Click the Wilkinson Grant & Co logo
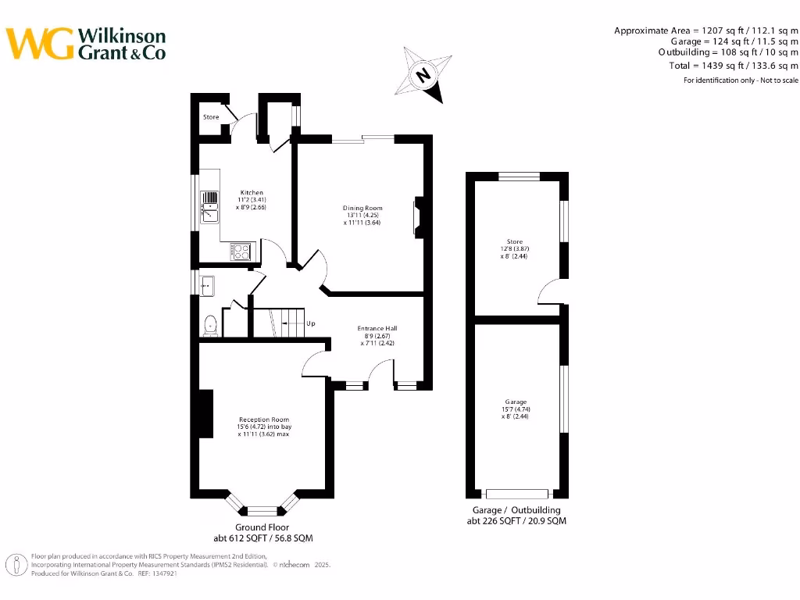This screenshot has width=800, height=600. coord(86,44)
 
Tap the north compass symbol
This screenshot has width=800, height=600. coord(423,75)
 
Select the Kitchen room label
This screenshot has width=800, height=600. coord(252,192)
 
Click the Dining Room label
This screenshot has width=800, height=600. coord(362,208)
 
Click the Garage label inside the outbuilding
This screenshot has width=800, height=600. coord(515,402)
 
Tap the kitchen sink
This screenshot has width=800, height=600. coord(210,207)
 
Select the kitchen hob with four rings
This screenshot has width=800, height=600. coord(242,252)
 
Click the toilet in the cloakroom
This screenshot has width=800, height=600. coord(209,326)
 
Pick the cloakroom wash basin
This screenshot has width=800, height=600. coord(207,286)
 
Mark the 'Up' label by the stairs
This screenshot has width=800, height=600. coord(311,323)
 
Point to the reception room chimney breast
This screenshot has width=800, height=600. coord(205,413)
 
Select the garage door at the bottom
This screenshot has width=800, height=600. coord(517,494)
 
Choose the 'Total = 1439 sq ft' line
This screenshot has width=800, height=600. coord(728,66)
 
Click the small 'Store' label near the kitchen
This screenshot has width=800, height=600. coord(211,117)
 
